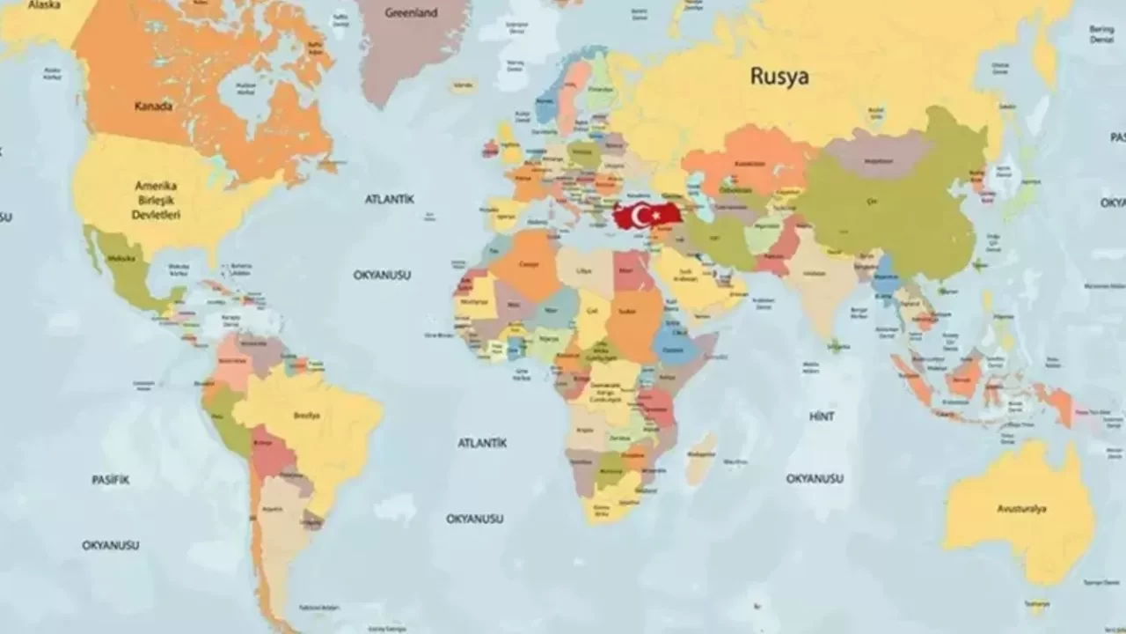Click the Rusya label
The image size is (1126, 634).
point(779,77)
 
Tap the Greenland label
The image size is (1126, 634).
point(412,13)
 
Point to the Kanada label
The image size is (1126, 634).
point(153,107)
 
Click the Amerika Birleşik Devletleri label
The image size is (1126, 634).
point(157,200)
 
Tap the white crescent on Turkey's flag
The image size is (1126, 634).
point(640,215)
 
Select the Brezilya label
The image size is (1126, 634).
point(307,415)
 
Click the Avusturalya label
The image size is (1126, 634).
point(1021,509)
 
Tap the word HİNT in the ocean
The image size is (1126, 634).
point(822,417)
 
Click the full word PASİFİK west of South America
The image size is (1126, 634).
point(111,480)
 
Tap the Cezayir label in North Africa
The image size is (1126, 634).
point(528,264)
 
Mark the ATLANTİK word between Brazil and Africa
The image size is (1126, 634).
point(481,443)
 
